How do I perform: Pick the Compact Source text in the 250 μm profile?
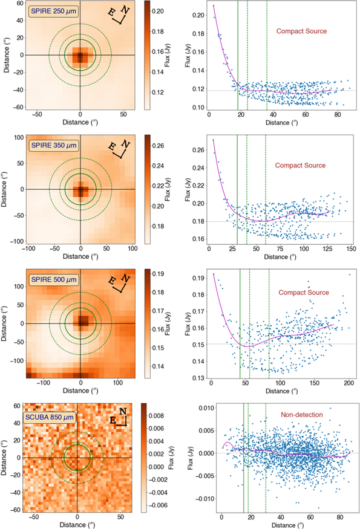(301, 31)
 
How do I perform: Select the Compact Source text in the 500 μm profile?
(303, 293)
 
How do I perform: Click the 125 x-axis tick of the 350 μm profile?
(327, 248)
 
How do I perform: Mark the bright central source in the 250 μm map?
(80, 56)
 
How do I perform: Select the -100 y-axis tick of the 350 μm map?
(18, 241)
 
